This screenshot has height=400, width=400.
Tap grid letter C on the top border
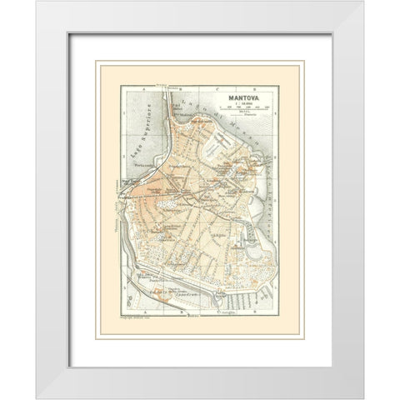215,87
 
